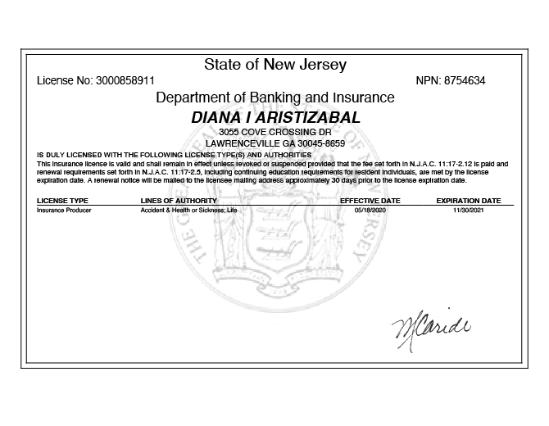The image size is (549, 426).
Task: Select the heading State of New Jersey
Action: (274, 65)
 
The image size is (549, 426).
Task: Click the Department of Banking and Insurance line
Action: (274, 98)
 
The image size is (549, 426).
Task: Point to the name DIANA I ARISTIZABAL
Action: (274, 118)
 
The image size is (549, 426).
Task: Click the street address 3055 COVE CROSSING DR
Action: (274, 133)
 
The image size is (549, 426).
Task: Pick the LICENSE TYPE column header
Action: (62, 200)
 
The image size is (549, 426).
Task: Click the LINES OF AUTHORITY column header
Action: (179, 200)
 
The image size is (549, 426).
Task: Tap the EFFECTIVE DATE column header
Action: (370, 200)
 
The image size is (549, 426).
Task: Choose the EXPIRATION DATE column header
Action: (468, 200)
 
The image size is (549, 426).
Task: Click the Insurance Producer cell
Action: (64, 211)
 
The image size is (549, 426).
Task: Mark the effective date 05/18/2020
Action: (370, 211)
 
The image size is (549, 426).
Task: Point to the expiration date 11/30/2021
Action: (469, 211)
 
